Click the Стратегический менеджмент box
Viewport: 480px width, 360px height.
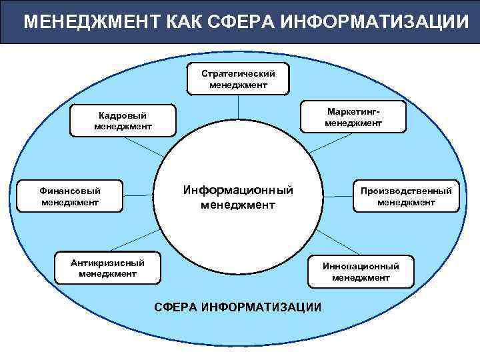[x=238, y=79]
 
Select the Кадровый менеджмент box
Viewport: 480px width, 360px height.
[x=124, y=120]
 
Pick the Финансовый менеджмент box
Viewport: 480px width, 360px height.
[x=71, y=195]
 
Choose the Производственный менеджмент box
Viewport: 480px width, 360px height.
[x=406, y=196]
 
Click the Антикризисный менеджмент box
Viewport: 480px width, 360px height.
[x=108, y=267]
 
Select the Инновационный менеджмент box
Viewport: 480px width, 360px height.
[x=361, y=271]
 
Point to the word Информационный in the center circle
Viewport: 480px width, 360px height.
[x=238, y=190]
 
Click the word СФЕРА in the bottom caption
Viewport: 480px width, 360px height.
[x=176, y=307]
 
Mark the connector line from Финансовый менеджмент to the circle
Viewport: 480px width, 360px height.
[x=139, y=195]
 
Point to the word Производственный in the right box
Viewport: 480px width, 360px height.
[x=406, y=191]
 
